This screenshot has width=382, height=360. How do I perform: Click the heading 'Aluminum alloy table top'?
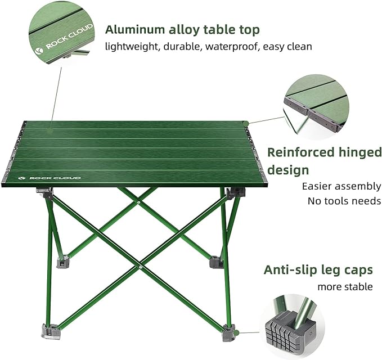tap(183, 30)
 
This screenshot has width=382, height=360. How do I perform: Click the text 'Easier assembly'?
tap(341, 186)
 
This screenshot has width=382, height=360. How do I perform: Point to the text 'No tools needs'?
tap(344, 201)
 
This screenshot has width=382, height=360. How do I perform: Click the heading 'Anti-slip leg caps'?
tap(318, 270)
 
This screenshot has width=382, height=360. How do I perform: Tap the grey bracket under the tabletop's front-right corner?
tap(235, 192)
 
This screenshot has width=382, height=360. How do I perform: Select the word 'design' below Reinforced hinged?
tap(287, 170)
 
